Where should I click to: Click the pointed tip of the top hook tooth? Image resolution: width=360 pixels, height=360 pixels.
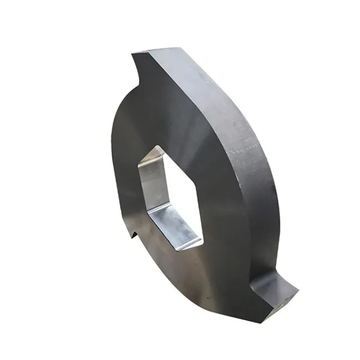(x=133, y=56)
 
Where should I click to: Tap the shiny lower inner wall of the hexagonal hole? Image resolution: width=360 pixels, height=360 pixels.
(x=174, y=225)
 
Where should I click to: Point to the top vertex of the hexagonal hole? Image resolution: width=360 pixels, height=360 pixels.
(x=157, y=146)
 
